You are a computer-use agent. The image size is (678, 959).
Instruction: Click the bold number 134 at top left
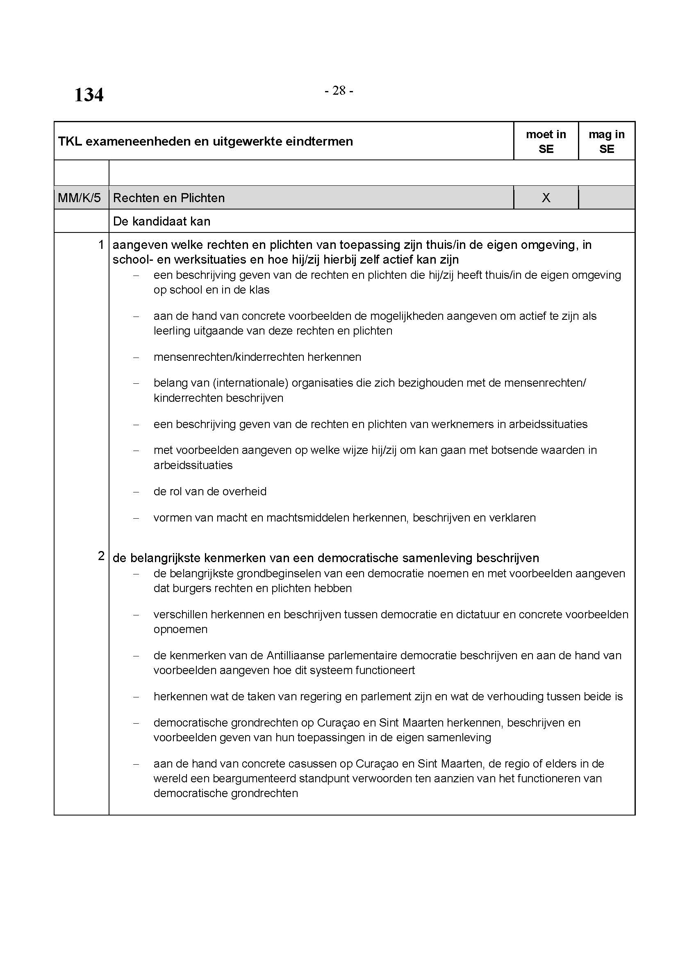click(x=89, y=95)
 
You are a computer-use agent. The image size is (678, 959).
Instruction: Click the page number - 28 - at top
click(x=339, y=91)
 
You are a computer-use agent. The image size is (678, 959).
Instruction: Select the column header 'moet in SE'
click(x=546, y=141)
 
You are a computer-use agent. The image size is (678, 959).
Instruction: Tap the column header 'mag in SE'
click(x=606, y=141)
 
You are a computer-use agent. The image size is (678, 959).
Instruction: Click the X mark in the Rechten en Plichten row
click(x=546, y=198)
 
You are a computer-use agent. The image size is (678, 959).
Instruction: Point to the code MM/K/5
click(x=80, y=198)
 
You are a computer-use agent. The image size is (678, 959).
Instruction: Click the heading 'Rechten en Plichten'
click(x=168, y=198)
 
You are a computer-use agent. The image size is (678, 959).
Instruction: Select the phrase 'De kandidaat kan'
click(x=162, y=221)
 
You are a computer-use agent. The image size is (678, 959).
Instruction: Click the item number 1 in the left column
click(x=100, y=244)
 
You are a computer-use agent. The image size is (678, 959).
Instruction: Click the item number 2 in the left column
click(x=100, y=556)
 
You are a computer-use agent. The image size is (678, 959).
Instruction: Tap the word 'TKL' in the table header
click(x=70, y=141)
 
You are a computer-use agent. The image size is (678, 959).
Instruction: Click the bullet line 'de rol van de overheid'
click(x=209, y=491)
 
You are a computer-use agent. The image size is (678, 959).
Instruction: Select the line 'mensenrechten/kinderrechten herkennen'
click(x=257, y=357)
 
